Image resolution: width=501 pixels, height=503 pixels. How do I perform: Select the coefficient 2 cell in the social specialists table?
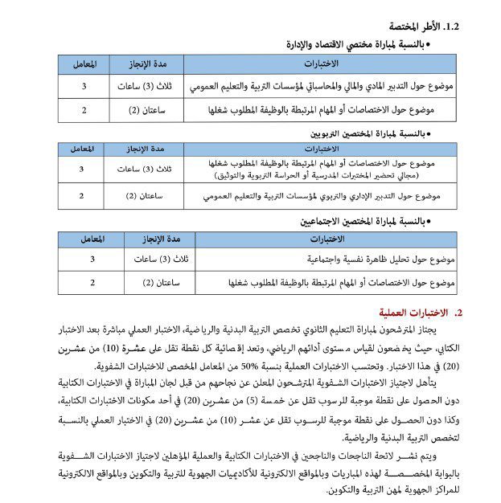pyautogui.click(x=92, y=282)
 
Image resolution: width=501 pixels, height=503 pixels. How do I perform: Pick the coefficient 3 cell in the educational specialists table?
pyautogui.click(x=81, y=169)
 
